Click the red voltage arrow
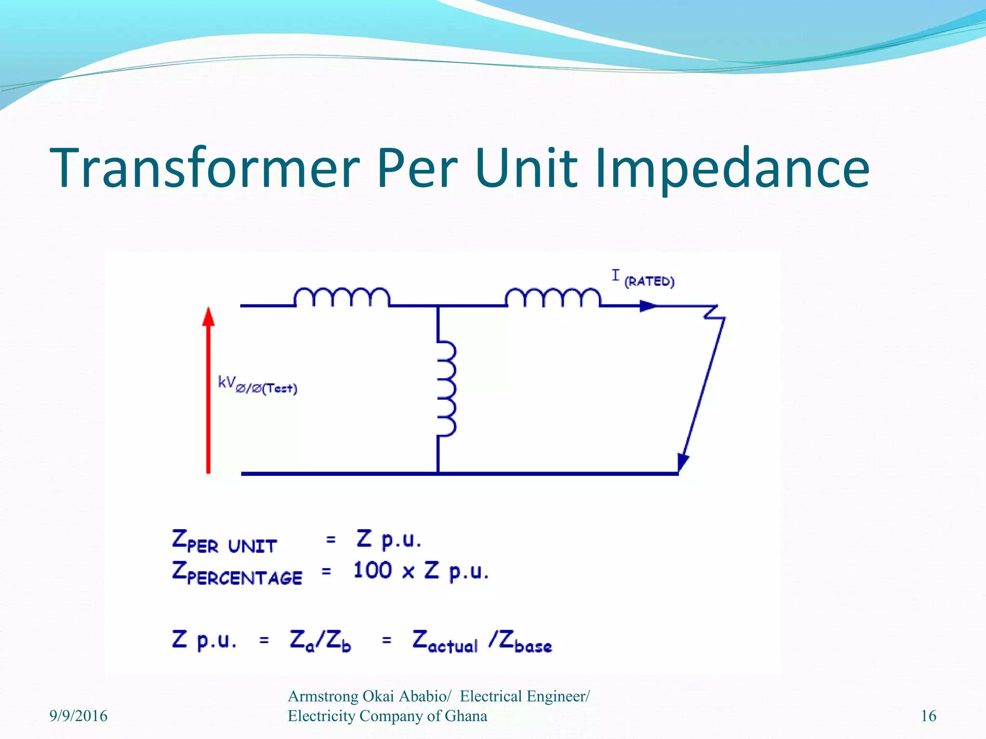tap(208, 390)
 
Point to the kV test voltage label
tap(258, 385)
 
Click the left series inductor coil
tap(341, 297)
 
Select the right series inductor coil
tap(553, 297)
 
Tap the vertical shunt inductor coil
tap(446, 389)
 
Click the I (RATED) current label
tap(643, 279)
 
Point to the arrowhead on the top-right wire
tap(648, 306)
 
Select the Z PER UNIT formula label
tap(224, 541)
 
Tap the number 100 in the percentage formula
tap(372, 571)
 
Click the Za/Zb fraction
tap(320, 641)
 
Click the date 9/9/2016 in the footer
tap(78, 716)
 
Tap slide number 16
tap(928, 716)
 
